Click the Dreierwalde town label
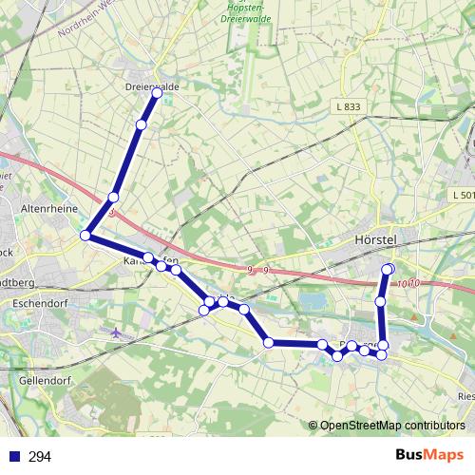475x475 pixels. pyautogui.click(x=152, y=86)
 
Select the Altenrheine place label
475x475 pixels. pyautogui.click(x=47, y=206)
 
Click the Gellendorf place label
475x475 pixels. pyautogui.click(x=45, y=377)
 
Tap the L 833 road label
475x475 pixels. pyautogui.click(x=348, y=106)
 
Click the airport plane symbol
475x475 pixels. pyautogui.click(x=117, y=332)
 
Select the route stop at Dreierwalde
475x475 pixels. pyautogui.click(x=157, y=93)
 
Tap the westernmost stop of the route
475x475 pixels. pyautogui.click(x=85, y=235)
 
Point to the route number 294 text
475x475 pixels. pyautogui.click(x=41, y=457)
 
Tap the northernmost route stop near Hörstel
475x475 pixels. pyautogui.click(x=388, y=269)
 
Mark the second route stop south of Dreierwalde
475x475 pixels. pyautogui.click(x=113, y=197)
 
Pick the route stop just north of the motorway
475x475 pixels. pyautogui.click(x=113, y=197)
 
